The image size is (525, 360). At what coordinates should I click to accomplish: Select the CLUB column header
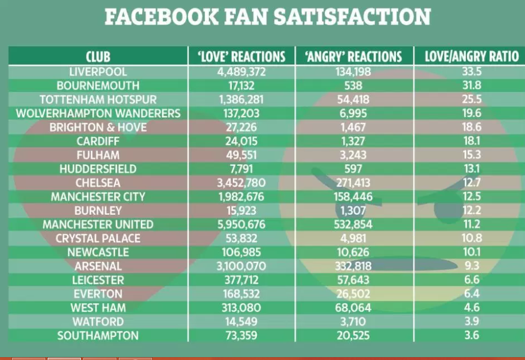pyautogui.click(x=98, y=57)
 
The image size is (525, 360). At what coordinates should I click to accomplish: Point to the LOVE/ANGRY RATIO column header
pyautogui.click(x=471, y=57)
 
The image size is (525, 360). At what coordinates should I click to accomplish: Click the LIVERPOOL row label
pyautogui.click(x=98, y=72)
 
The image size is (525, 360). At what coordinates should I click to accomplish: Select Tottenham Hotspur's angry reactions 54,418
pyautogui.click(x=353, y=99)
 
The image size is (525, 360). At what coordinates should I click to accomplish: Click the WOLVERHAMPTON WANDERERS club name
pyautogui.click(x=98, y=113)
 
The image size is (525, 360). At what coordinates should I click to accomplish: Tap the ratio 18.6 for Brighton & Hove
pyautogui.click(x=471, y=127)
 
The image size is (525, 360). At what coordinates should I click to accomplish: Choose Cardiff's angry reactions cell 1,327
pyautogui.click(x=353, y=141)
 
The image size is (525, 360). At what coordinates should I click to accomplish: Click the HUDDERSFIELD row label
pyautogui.click(x=98, y=169)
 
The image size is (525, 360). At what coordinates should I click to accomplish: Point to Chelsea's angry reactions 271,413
pyautogui.click(x=353, y=183)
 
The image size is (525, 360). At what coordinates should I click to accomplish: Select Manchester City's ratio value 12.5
pyautogui.click(x=471, y=196)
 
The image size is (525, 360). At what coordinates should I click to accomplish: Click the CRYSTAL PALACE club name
pyautogui.click(x=98, y=238)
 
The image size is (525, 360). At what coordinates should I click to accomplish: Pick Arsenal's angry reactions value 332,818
pyautogui.click(x=353, y=266)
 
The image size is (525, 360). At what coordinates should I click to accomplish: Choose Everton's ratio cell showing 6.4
pyautogui.click(x=471, y=293)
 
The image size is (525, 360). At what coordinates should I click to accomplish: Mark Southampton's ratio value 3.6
pyautogui.click(x=471, y=335)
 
